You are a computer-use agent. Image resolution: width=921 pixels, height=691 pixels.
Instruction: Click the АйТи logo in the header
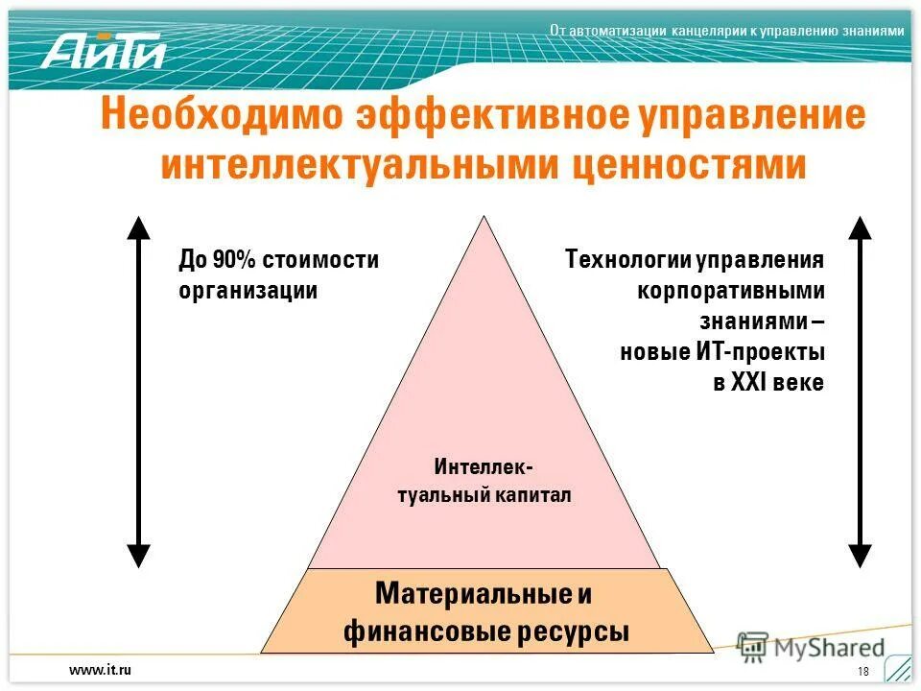click(103, 49)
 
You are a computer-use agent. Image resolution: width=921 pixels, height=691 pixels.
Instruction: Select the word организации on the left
click(248, 290)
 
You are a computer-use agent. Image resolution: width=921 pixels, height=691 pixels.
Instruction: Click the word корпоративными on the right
click(731, 290)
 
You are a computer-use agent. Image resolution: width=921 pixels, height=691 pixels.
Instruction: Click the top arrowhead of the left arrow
click(139, 227)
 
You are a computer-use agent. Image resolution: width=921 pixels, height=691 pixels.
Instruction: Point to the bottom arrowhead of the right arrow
click(860, 555)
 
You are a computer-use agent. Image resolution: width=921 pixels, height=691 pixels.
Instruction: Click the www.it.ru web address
click(99, 670)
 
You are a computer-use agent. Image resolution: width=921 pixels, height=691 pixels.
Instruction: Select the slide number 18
click(862, 670)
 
